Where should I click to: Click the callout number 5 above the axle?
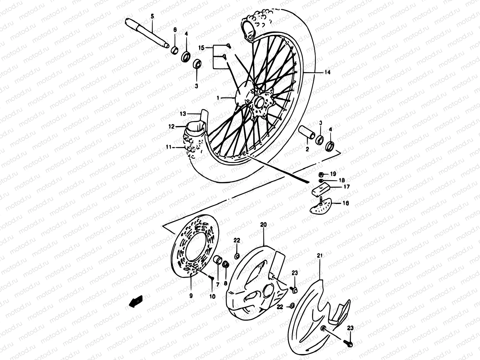[152, 16]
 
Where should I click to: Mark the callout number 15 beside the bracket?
[201, 47]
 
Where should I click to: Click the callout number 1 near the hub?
[219, 98]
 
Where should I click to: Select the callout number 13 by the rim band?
[183, 114]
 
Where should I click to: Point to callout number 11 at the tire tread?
[169, 147]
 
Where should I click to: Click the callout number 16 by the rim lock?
[346, 203]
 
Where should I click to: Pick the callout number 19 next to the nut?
[333, 174]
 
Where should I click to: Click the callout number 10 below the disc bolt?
[212, 296]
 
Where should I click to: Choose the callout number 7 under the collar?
[217, 284]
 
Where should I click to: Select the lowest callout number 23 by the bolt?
[350, 329]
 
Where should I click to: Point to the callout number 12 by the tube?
[171, 127]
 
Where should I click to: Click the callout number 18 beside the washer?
[333, 180]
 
